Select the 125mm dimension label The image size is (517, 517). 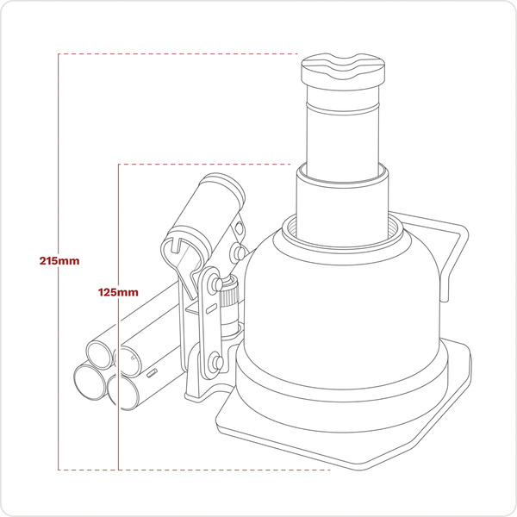click(118, 293)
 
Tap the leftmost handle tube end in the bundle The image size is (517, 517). click(99, 353)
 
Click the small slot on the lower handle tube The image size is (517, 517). click(152, 375)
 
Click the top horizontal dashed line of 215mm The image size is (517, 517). click(172, 54)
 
